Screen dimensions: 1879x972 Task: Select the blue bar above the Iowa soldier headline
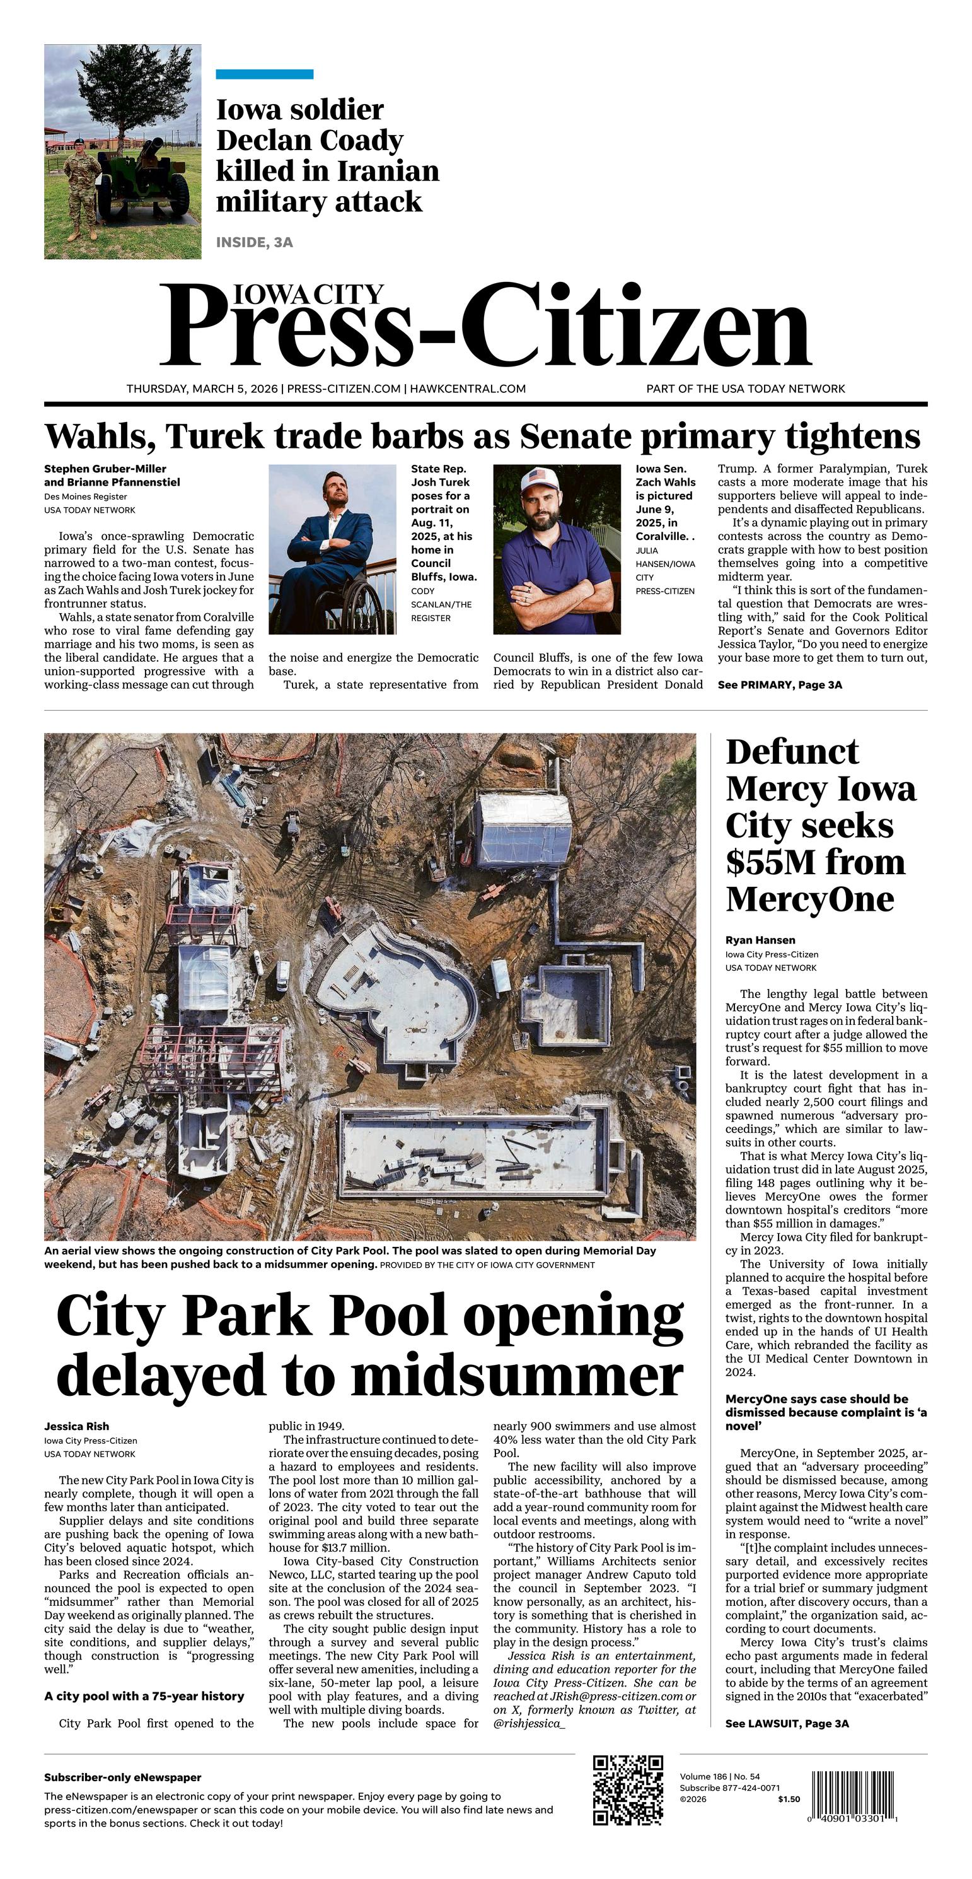tap(264, 74)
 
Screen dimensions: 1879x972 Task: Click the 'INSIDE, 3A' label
tap(255, 242)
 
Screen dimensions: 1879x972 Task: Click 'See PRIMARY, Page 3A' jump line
tap(780, 685)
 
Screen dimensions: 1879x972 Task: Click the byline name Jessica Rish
tap(76, 1426)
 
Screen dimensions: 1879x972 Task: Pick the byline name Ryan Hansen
tap(760, 940)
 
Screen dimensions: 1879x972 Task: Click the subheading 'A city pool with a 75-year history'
tap(144, 1696)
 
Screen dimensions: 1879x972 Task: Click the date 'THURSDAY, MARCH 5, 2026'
tap(202, 389)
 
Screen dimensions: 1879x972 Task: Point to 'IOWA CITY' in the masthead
tap(308, 294)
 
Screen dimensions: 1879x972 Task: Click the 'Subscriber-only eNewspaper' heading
tap(122, 1777)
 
